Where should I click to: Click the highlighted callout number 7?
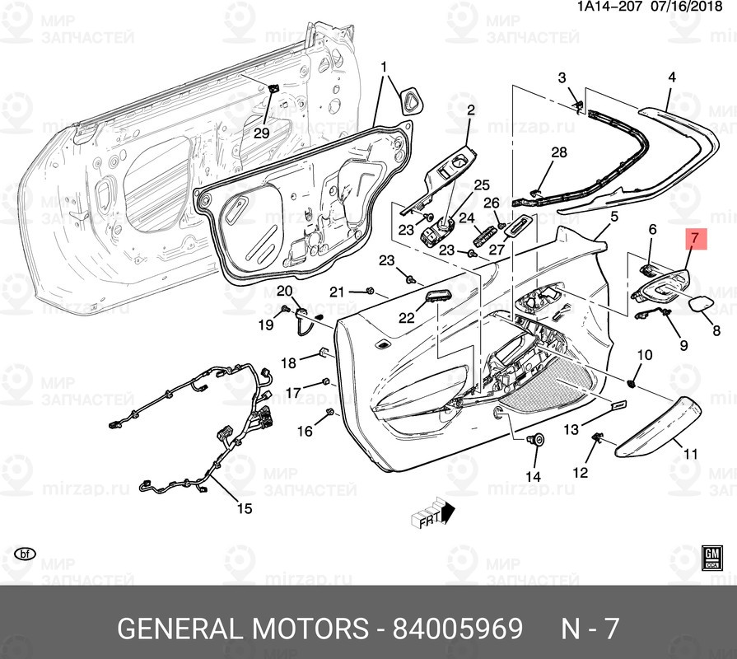click(x=694, y=240)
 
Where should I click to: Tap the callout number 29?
click(x=260, y=133)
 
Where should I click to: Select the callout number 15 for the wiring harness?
click(x=244, y=508)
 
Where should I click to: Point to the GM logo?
click(x=711, y=557)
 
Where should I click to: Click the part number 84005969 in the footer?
click(x=458, y=629)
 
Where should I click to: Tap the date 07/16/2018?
click(x=693, y=7)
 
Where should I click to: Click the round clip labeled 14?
click(x=539, y=442)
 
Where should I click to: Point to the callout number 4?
click(x=671, y=77)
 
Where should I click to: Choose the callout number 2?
click(x=471, y=110)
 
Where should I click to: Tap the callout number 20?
click(x=284, y=291)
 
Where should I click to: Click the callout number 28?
click(x=559, y=152)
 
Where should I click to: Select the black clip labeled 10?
click(x=632, y=382)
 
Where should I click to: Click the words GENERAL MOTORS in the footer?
click(x=243, y=629)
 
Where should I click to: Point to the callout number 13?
click(x=571, y=430)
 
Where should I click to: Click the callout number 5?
click(x=613, y=217)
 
